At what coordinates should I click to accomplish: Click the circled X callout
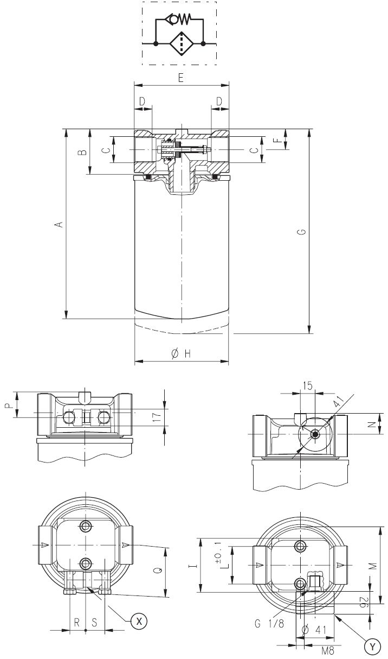tap(139, 620)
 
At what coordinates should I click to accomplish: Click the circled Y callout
tap(372, 646)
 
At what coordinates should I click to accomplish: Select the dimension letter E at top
tap(181, 78)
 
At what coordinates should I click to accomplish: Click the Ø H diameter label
tap(181, 353)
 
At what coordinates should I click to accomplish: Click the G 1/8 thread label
tap(269, 624)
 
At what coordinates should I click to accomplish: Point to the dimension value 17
tap(157, 417)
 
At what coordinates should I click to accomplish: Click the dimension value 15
tap(307, 386)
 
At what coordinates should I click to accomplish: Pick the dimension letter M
tap(373, 566)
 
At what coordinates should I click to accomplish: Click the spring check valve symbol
tap(179, 20)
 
